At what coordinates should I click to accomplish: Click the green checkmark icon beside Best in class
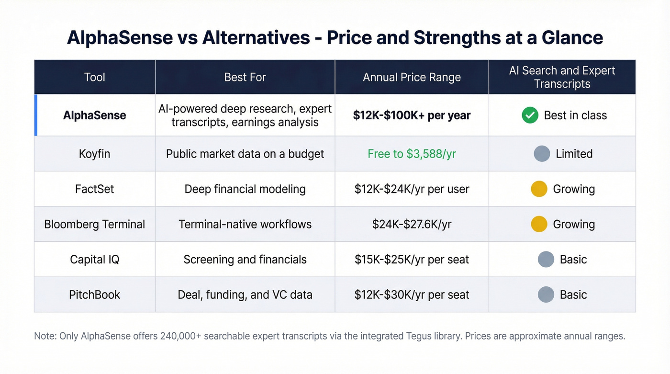pyautogui.click(x=530, y=115)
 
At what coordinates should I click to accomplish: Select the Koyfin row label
pyautogui.click(x=94, y=154)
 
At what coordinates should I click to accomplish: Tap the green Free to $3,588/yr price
pyautogui.click(x=412, y=154)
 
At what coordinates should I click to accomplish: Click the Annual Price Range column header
pyautogui.click(x=412, y=77)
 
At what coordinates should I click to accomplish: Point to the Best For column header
pyautogui.click(x=245, y=77)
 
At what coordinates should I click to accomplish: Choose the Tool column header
pyautogui.click(x=94, y=77)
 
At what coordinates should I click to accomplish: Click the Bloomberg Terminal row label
pyautogui.click(x=94, y=224)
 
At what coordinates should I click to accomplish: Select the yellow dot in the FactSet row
pyautogui.click(x=539, y=189)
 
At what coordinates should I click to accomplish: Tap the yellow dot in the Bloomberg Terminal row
pyautogui.click(x=539, y=224)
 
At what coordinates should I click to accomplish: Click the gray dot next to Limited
pyautogui.click(x=542, y=154)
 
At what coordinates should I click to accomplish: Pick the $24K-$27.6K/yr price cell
pyautogui.click(x=412, y=224)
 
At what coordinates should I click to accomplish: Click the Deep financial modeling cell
pyautogui.click(x=245, y=189)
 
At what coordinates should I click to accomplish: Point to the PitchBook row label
pyautogui.click(x=94, y=295)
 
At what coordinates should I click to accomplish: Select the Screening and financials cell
pyautogui.click(x=245, y=260)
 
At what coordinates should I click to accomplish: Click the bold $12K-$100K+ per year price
pyautogui.click(x=412, y=115)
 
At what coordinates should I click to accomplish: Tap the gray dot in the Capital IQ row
pyautogui.click(x=546, y=260)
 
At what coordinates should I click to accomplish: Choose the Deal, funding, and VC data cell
pyautogui.click(x=245, y=295)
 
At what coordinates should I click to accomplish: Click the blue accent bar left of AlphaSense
pyautogui.click(x=36, y=115)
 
